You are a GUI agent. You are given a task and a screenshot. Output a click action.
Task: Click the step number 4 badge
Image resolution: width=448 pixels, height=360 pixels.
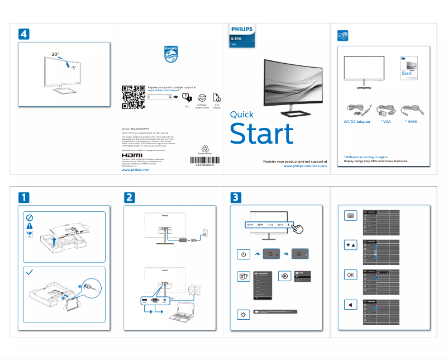[x=23, y=33]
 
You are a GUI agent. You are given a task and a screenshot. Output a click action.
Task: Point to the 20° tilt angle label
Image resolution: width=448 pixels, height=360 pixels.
[x=55, y=54]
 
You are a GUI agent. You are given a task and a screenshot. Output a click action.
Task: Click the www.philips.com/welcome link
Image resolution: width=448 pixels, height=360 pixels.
[x=305, y=166]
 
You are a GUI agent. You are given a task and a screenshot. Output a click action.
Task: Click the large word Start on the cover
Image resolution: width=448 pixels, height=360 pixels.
[x=261, y=134]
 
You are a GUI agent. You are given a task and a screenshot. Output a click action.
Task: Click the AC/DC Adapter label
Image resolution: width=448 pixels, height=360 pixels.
[x=356, y=121]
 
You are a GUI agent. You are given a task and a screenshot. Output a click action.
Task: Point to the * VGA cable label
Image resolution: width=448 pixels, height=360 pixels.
[x=385, y=121]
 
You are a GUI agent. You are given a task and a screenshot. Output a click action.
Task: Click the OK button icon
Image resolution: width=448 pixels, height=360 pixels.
[x=350, y=275]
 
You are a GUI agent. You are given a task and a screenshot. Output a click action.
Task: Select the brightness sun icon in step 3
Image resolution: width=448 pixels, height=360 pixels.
[x=243, y=314]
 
